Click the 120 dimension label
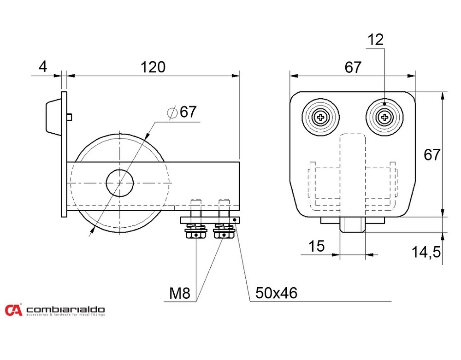point(153,67)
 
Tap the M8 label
point(179,293)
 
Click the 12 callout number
point(376,40)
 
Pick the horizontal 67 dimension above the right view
point(353,68)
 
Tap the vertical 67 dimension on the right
point(432,155)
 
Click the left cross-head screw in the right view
point(321,118)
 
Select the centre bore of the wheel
point(120,183)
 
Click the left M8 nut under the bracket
point(196,234)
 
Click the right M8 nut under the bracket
point(224,234)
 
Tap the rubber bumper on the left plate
point(52,115)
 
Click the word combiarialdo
point(65,309)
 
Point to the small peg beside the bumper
point(70,117)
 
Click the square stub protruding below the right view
point(353,226)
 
